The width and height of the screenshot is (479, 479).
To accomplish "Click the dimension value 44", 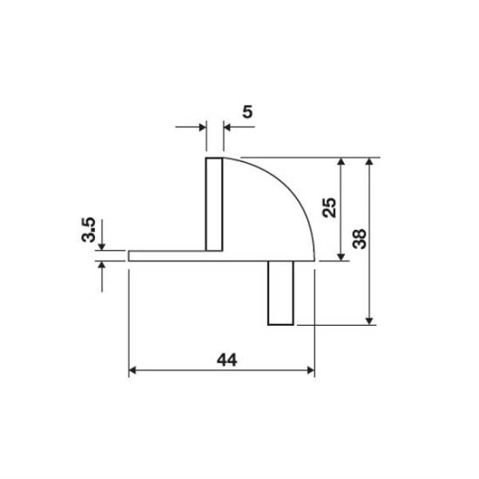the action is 226,360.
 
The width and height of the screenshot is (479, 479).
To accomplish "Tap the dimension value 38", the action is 359,239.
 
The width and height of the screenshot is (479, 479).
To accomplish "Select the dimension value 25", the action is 329,208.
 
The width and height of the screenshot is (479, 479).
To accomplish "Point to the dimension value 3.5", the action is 89,230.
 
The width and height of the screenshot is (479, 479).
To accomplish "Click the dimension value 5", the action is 247,111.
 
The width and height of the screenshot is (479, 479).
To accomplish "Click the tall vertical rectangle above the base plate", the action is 214,205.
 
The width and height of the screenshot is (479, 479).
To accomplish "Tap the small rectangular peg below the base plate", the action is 280,293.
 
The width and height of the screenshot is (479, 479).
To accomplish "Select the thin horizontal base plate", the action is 221,256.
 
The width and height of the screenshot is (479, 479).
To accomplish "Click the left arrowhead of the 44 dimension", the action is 132,370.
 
